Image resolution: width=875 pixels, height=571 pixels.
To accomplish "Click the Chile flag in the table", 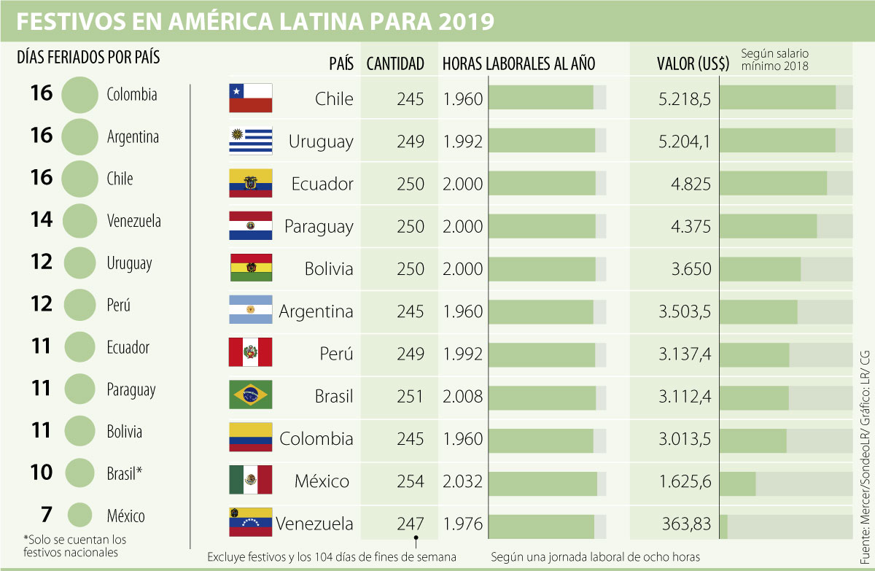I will (250, 98).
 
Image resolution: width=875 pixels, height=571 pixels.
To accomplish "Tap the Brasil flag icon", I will (250, 395).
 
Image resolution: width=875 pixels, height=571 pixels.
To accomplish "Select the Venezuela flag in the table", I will (250, 523).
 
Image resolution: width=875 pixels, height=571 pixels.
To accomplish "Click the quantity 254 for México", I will (411, 481).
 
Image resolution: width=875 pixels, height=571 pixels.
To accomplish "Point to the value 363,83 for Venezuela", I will (688, 524).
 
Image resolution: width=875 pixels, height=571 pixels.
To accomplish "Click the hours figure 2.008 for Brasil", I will (463, 396).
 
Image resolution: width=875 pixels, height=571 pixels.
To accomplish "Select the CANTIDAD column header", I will (395, 63).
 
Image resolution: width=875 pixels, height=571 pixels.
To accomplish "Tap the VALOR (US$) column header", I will (693, 63).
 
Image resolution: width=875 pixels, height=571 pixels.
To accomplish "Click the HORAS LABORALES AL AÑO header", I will (518, 63).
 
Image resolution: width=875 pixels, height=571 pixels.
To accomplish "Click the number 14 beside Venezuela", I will (42, 220).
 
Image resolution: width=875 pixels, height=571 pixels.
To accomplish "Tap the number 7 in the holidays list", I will (47, 515).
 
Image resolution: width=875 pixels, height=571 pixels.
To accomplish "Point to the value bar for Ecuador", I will (774, 184).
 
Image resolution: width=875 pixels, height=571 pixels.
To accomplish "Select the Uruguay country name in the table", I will (320, 141).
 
